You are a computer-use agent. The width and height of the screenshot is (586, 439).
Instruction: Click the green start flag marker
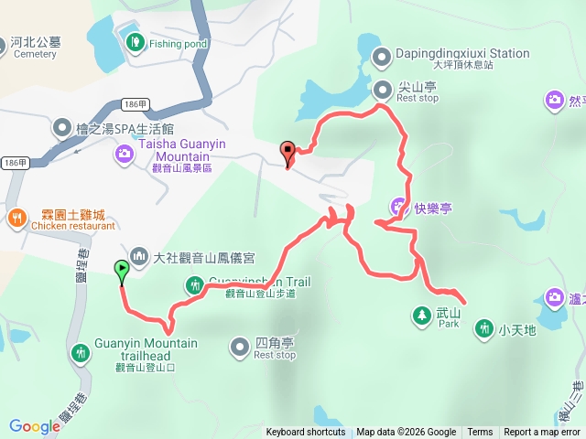[x=122, y=270]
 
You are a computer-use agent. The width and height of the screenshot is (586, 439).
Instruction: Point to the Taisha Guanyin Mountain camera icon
[x=123, y=155]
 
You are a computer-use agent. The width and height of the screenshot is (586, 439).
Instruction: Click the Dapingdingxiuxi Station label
[x=462, y=54]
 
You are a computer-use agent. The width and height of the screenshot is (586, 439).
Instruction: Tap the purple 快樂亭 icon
[x=398, y=208]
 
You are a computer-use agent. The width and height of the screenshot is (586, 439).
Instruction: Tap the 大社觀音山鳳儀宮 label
[x=202, y=259]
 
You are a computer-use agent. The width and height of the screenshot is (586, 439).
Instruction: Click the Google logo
[x=34, y=426]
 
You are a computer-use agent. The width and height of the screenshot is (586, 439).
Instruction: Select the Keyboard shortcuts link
[x=306, y=433]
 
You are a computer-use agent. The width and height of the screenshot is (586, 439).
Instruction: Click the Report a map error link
[x=542, y=433]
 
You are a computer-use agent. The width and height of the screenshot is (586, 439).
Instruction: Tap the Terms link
[x=480, y=433]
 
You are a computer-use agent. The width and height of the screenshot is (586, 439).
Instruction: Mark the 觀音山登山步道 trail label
[x=261, y=294]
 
